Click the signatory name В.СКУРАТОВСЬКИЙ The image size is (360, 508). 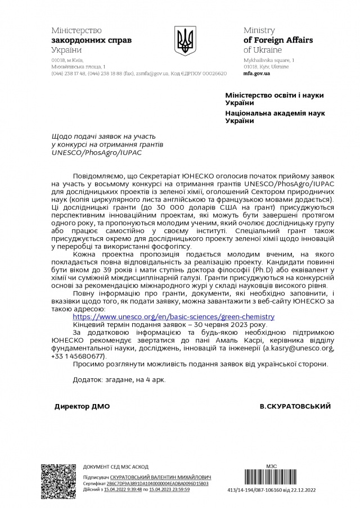pyautogui.click(x=295, y=406)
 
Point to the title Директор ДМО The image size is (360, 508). pyautogui.click(x=82, y=406)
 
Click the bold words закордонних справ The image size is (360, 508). pyautogui.click(x=91, y=40)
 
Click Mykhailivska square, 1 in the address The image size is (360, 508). pyautogui.click(x=269, y=60)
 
